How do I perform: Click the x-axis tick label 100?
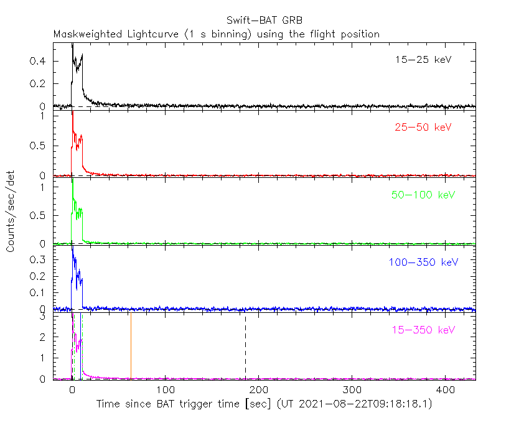166,390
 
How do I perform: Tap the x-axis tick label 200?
259,390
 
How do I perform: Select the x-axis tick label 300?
352,390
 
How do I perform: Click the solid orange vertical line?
131,346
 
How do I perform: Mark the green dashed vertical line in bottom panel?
82,346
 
